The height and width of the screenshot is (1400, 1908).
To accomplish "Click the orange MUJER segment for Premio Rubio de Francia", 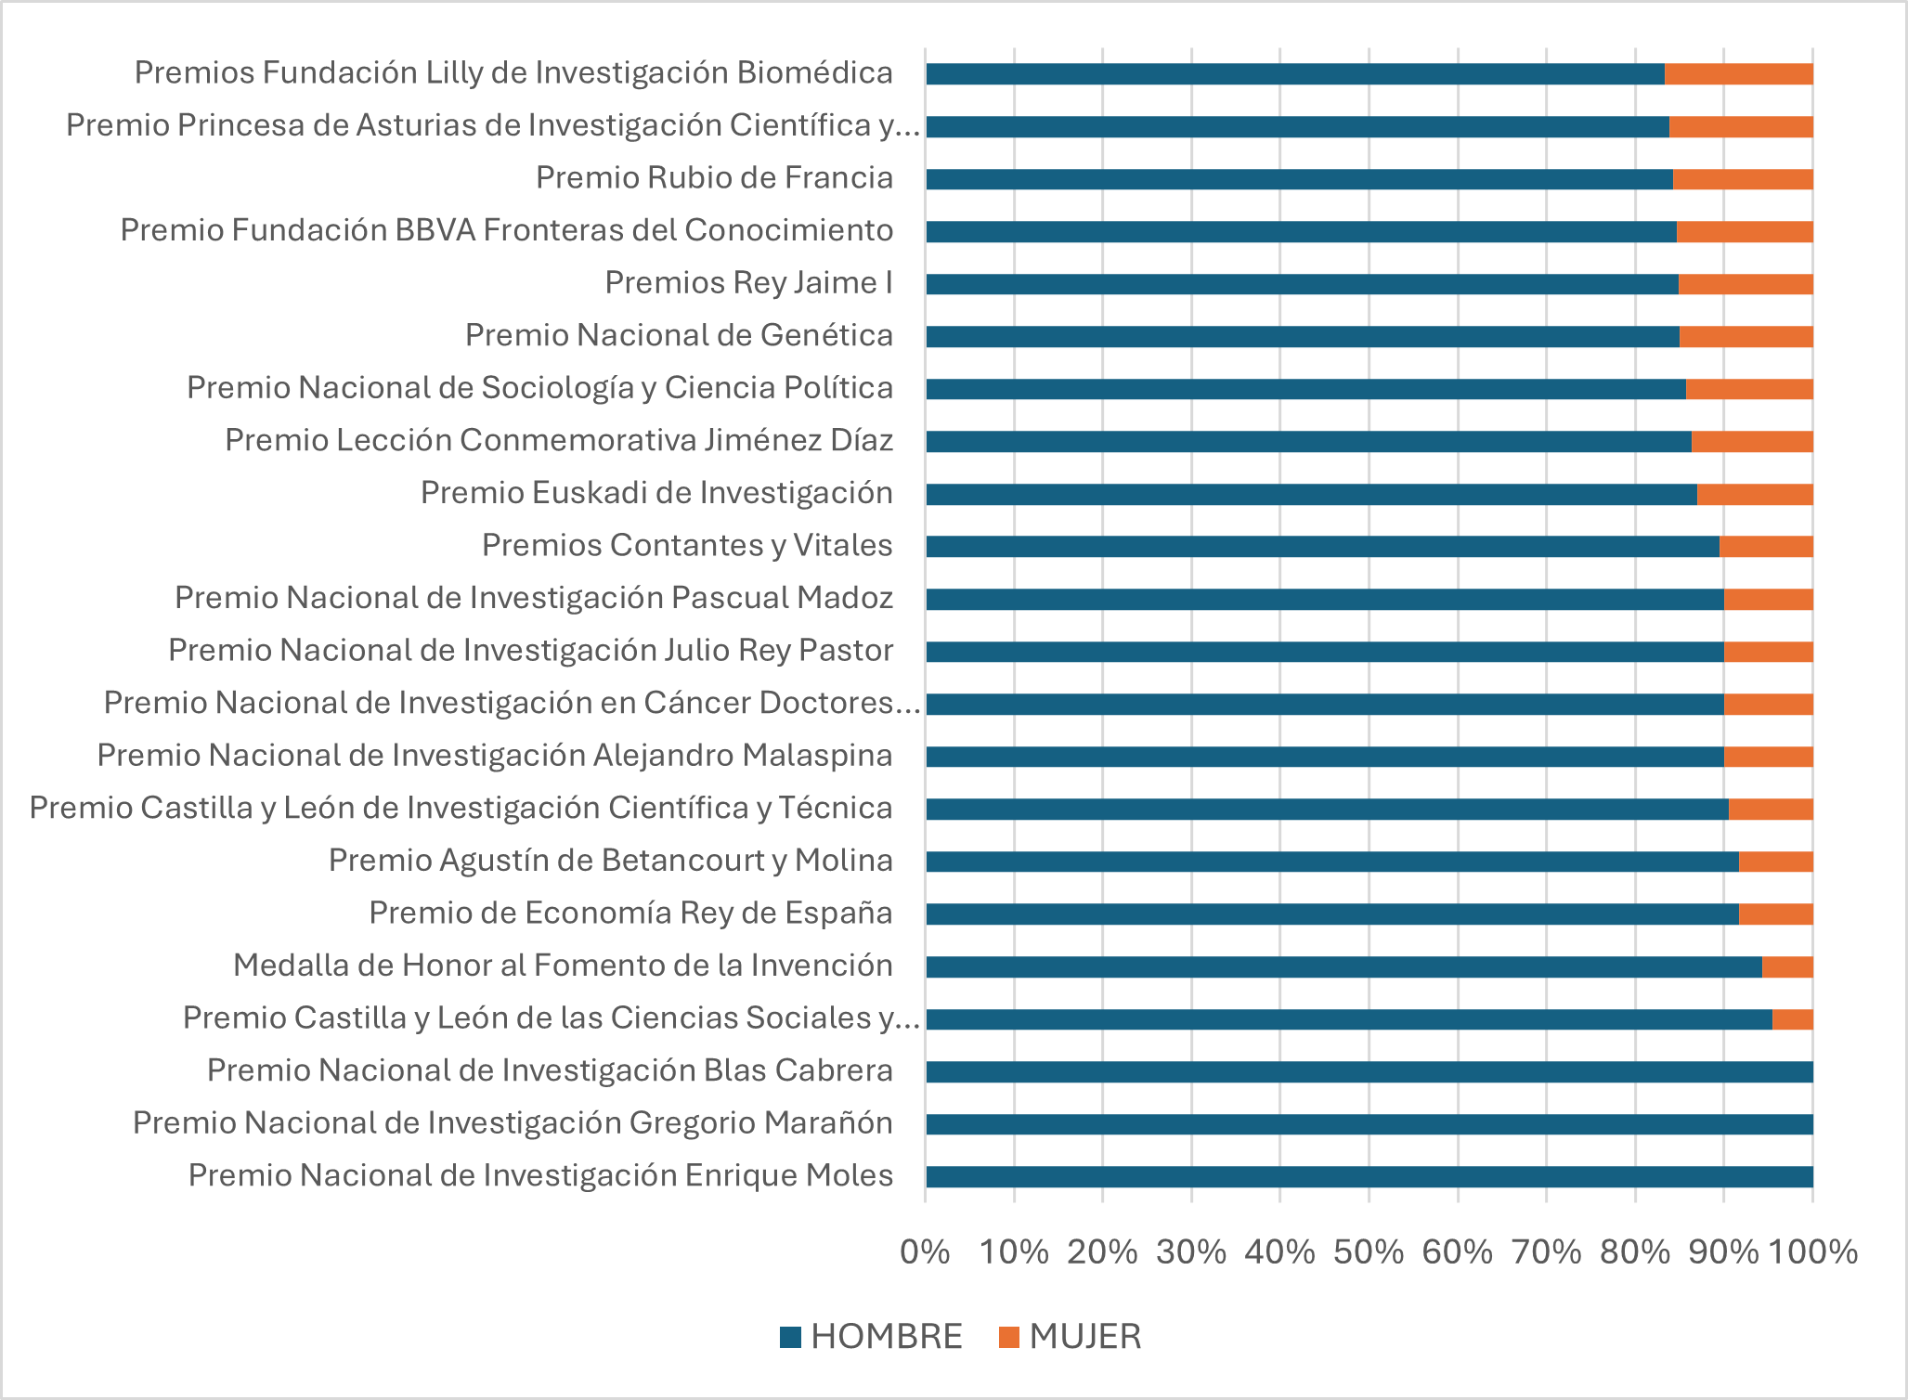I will (x=1743, y=179).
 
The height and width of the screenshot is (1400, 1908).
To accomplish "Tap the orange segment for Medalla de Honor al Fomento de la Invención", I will (x=1787, y=966).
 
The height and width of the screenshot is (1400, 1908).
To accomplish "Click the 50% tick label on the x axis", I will (x=1369, y=1252).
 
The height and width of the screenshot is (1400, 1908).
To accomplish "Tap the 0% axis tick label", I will (x=925, y=1252).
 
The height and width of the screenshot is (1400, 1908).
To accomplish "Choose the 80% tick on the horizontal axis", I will (x=1635, y=1252).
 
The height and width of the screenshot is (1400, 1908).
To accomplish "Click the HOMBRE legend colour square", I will (x=790, y=1337).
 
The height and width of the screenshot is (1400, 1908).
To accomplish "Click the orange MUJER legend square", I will (x=1008, y=1337).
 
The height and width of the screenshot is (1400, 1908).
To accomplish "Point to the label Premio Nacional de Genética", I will (x=679, y=335).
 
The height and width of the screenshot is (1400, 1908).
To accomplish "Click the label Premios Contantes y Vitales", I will (x=687, y=545).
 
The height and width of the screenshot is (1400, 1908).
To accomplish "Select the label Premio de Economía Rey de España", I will (x=630, y=913).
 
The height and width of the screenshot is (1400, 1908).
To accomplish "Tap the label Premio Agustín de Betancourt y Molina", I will (x=610, y=861).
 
